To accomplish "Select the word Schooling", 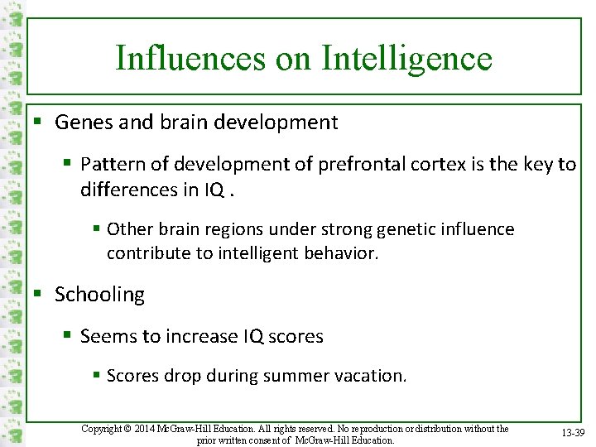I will pyautogui.click(x=99, y=295).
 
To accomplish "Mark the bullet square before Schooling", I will pyautogui.click(x=37, y=295).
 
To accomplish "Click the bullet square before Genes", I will pyautogui.click(x=37, y=123).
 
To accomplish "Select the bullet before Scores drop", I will pyautogui.click(x=98, y=376).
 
